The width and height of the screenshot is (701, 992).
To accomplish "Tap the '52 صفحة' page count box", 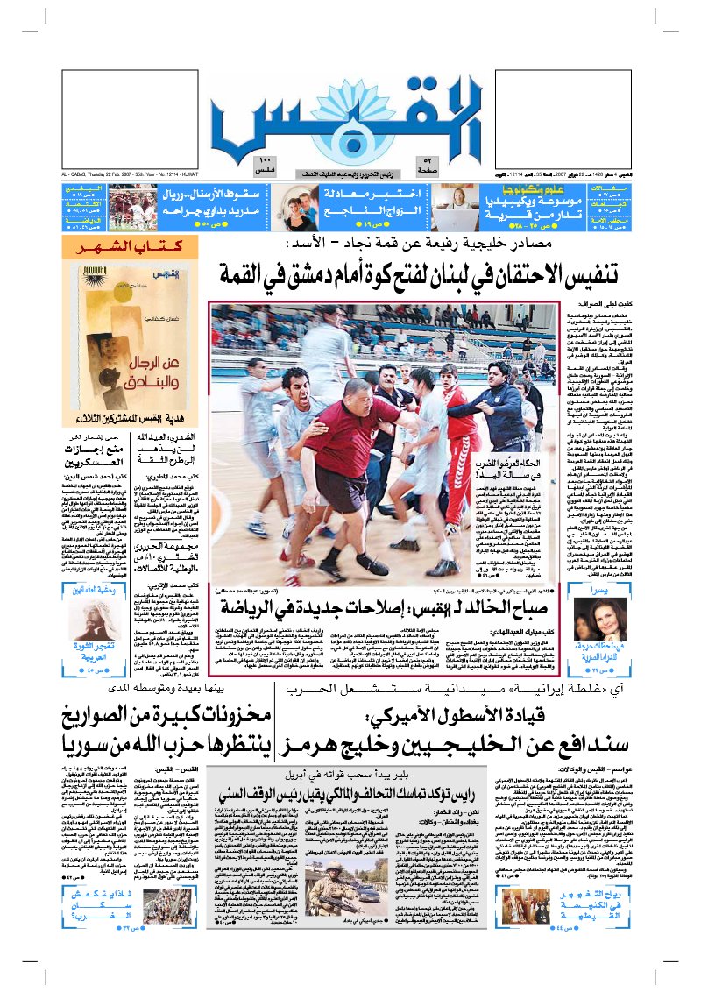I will (x=455, y=164).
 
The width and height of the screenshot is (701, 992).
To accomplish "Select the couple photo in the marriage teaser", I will (x=299, y=209).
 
